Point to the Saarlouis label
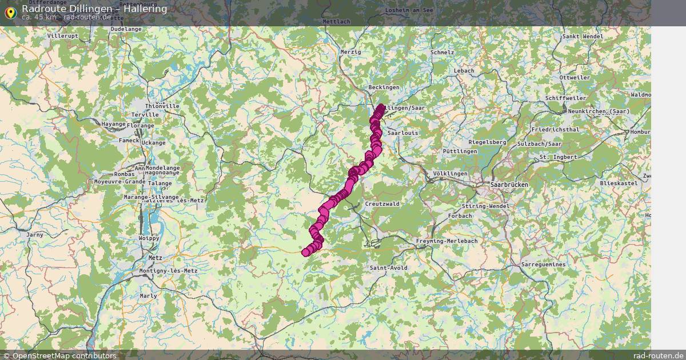403,133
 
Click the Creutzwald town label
382,203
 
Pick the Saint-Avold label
388,267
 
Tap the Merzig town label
350,52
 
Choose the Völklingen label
450,173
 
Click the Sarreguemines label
543,265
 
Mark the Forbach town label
460,216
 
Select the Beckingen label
384,87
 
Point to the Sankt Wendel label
583,37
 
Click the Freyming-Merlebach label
446,241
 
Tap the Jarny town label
35,234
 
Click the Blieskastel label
619,183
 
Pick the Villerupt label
63,36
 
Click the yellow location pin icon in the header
10,13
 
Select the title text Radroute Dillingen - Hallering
94,9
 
